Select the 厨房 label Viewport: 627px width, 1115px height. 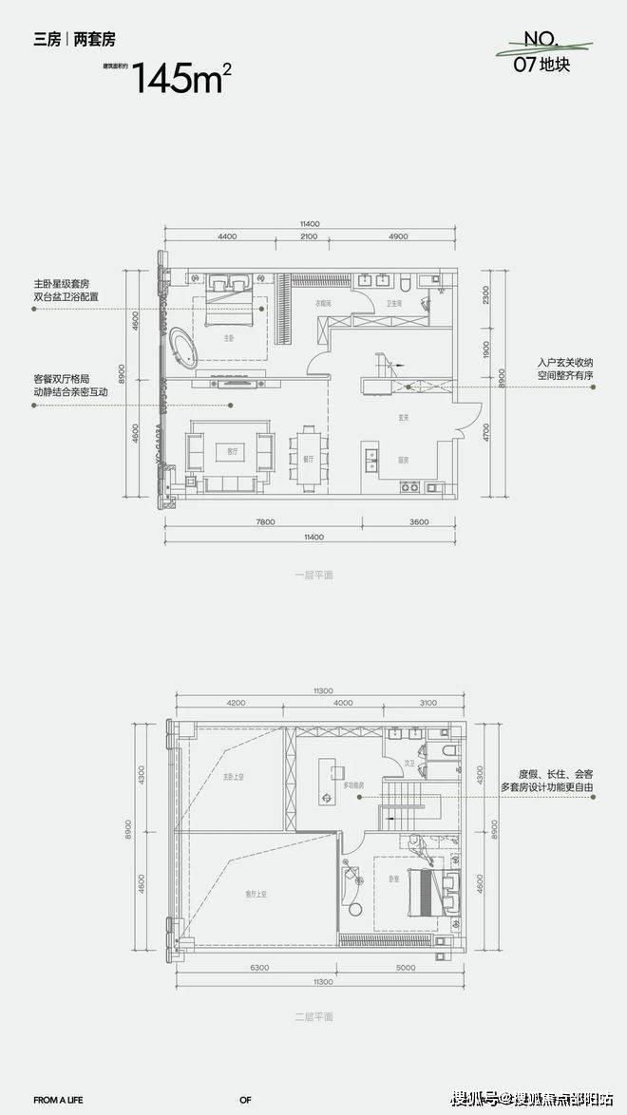404,460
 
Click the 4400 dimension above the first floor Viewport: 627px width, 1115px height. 226,236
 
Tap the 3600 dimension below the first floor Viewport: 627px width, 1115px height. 419,522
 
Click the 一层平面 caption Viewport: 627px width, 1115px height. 313,575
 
